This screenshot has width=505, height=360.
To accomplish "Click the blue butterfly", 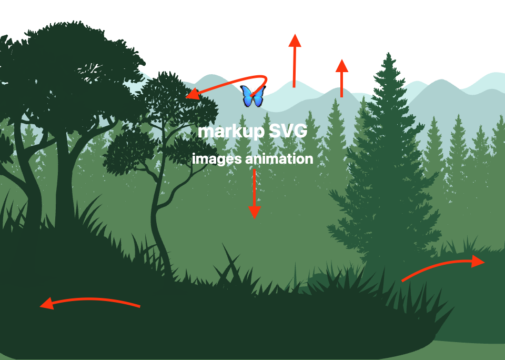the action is point(253,96).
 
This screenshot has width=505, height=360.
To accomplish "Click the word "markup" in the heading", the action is point(231,132).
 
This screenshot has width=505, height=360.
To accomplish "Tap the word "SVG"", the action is point(288,131).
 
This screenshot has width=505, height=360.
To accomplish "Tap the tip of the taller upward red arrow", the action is point(295,34).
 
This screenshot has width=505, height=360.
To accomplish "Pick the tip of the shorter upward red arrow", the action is point(342,59).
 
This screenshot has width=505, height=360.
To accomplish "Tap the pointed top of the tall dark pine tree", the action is point(389,53).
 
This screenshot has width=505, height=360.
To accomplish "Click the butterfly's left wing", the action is point(247,95).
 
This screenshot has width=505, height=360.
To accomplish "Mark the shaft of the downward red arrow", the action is point(255,188).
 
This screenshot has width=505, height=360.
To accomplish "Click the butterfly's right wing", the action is point(259,95).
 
